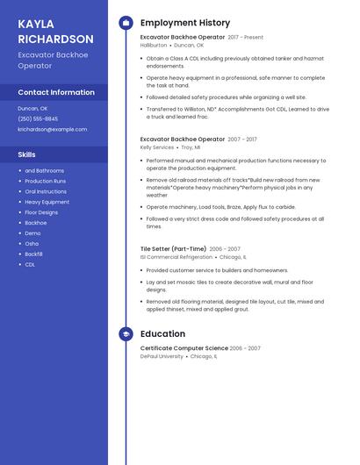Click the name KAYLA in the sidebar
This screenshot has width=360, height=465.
36,24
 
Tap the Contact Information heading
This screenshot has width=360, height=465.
56,92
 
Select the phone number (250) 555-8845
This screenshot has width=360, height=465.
38,118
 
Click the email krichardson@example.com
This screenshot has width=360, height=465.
53,129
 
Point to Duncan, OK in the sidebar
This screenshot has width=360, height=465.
32,108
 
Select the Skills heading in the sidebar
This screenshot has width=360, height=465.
27,154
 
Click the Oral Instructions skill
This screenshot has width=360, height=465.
46,191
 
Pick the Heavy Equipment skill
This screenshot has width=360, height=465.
47,202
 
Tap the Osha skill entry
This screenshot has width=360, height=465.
32,243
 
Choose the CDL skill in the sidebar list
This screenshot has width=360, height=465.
30,264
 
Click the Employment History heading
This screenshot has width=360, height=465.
185,23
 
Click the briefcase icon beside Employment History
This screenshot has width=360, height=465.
126,23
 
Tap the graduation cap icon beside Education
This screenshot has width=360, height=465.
126,334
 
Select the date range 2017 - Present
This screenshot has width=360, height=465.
246,38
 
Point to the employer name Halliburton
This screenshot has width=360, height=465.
154,45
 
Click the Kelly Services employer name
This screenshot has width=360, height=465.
157,147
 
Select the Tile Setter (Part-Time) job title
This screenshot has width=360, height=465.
173,249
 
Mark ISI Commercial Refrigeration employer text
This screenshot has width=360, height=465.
176,257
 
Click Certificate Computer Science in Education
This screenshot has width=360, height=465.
184,348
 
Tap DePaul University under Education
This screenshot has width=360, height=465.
162,356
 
